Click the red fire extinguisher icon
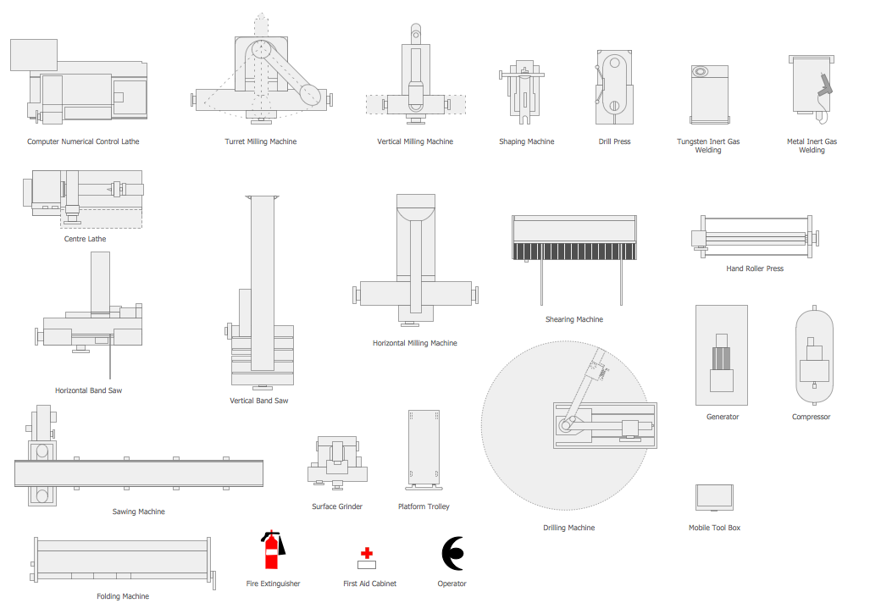click(x=272, y=550)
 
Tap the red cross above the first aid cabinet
click(x=366, y=551)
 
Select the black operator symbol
click(x=452, y=553)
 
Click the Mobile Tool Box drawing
click(x=714, y=496)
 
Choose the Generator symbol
click(x=721, y=356)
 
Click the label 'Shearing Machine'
click(x=574, y=319)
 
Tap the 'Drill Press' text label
click(x=614, y=141)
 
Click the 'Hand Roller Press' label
click(x=755, y=268)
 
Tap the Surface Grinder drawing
click(x=337, y=461)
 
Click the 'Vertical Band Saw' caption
click(x=259, y=401)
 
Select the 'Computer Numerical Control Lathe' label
click(x=83, y=141)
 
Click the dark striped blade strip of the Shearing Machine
click(x=574, y=252)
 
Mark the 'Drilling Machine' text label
click(x=568, y=528)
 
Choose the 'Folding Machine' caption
click(x=123, y=596)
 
